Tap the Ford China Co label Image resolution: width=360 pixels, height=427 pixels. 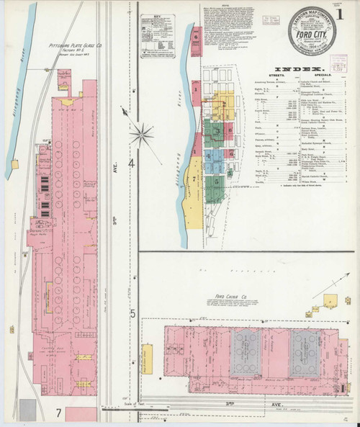pyautogui.click(x=231, y=296)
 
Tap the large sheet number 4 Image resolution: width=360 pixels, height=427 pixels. pyautogui.click(x=132, y=164)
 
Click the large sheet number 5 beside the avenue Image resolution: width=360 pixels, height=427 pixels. pyautogui.click(x=132, y=314)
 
